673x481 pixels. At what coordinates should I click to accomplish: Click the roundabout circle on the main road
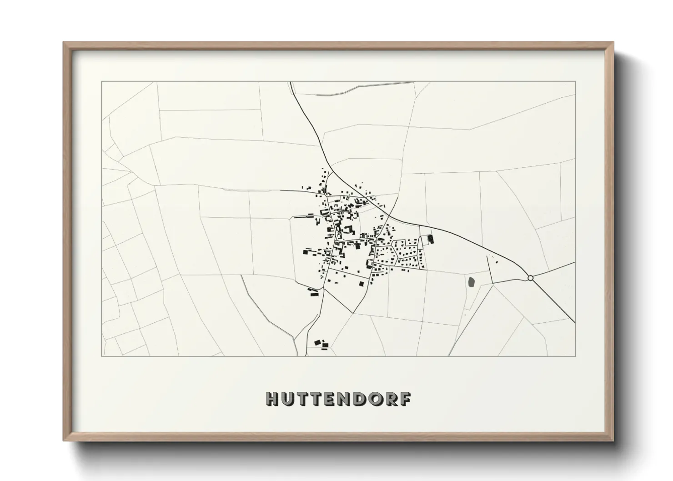coord(530,278)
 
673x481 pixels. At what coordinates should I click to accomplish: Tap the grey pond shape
coord(471,282)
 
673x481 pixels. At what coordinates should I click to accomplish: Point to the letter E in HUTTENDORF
coord(336,399)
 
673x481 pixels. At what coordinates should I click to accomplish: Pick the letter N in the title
coord(351,399)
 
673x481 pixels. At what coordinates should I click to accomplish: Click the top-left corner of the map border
coord(101,82)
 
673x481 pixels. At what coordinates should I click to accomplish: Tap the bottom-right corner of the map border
coord(575,356)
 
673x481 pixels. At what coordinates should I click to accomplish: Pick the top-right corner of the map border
coord(575,82)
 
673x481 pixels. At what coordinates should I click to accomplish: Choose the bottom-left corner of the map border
coord(101,356)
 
